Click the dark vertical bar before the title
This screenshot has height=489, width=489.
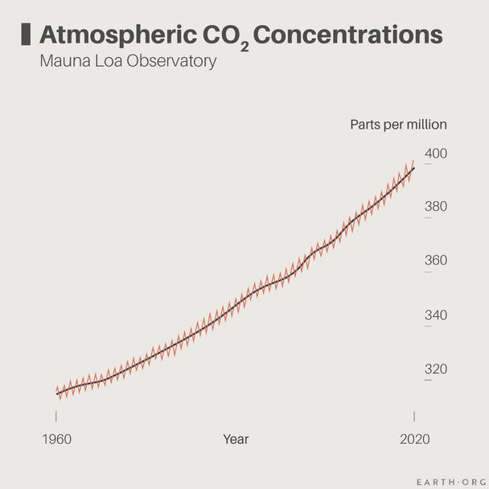tap(25, 34)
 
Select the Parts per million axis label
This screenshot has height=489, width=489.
tap(398, 125)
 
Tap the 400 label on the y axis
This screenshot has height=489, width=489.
tap(436, 153)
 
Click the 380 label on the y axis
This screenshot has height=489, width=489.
tap(436, 207)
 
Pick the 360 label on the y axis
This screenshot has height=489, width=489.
tap(436, 261)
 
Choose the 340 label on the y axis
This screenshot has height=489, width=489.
tap(436, 314)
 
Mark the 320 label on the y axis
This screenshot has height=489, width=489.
tap(436, 368)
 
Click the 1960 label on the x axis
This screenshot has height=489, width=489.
tap(56, 439)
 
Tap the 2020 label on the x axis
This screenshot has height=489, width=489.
tap(414, 439)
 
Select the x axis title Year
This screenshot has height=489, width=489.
tap(236, 439)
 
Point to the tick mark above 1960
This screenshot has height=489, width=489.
tap(56, 416)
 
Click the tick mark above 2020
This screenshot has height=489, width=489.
tap(414, 416)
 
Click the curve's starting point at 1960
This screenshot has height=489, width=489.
tap(56, 392)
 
